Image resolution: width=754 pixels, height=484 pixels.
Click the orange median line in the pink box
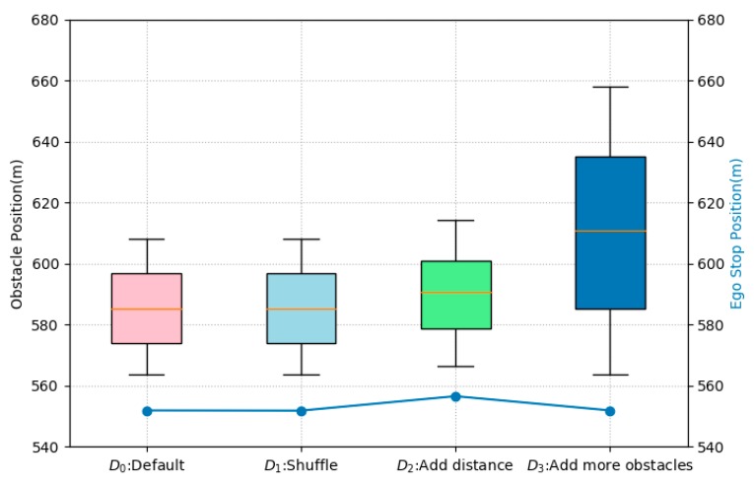(x=146, y=309)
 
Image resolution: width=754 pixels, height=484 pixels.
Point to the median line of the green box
(x=455, y=292)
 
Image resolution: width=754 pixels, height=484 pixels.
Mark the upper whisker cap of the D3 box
(x=610, y=87)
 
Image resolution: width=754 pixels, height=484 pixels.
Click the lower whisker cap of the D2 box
(x=455, y=367)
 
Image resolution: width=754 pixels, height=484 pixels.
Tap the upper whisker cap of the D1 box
(x=301, y=239)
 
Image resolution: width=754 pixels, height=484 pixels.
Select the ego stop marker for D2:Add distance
(x=455, y=396)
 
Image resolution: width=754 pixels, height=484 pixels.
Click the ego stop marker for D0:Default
(x=147, y=410)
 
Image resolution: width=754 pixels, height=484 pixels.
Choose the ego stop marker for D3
(x=610, y=410)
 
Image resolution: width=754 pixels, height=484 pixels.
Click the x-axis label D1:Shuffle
(x=301, y=464)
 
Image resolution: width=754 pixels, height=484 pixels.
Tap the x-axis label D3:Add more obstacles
(x=610, y=464)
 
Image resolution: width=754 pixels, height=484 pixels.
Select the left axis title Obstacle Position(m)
(x=17, y=233)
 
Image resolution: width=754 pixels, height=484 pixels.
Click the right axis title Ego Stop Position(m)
(x=737, y=233)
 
